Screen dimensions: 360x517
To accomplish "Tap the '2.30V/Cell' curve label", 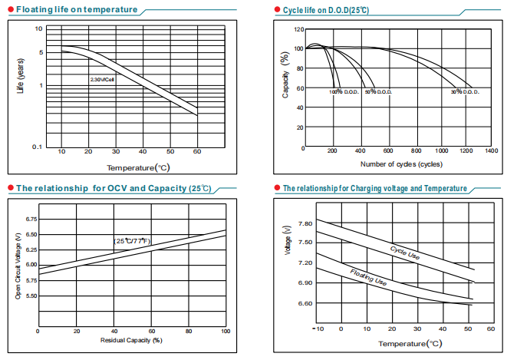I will coord(102,80).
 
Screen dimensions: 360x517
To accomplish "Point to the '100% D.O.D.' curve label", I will coord(344,92).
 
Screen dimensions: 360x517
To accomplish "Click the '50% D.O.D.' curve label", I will coord(378,92).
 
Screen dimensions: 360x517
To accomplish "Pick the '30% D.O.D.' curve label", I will coord(465,92).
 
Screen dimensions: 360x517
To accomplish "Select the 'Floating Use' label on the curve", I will coord(368,277).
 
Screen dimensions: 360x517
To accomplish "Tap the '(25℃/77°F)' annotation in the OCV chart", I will coord(132,242).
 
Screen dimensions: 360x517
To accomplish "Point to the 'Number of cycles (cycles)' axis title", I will coord(400,164).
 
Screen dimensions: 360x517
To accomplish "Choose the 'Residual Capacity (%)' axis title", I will coord(131,339).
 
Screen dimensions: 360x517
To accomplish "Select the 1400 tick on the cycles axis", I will coord(492,151).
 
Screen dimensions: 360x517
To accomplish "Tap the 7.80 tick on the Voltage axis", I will coord(305,223).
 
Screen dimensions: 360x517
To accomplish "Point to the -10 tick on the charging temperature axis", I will coord(318,329).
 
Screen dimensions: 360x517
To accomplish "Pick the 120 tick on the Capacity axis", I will coord(300,29).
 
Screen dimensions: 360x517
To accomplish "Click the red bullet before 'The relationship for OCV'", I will coord(10,188).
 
